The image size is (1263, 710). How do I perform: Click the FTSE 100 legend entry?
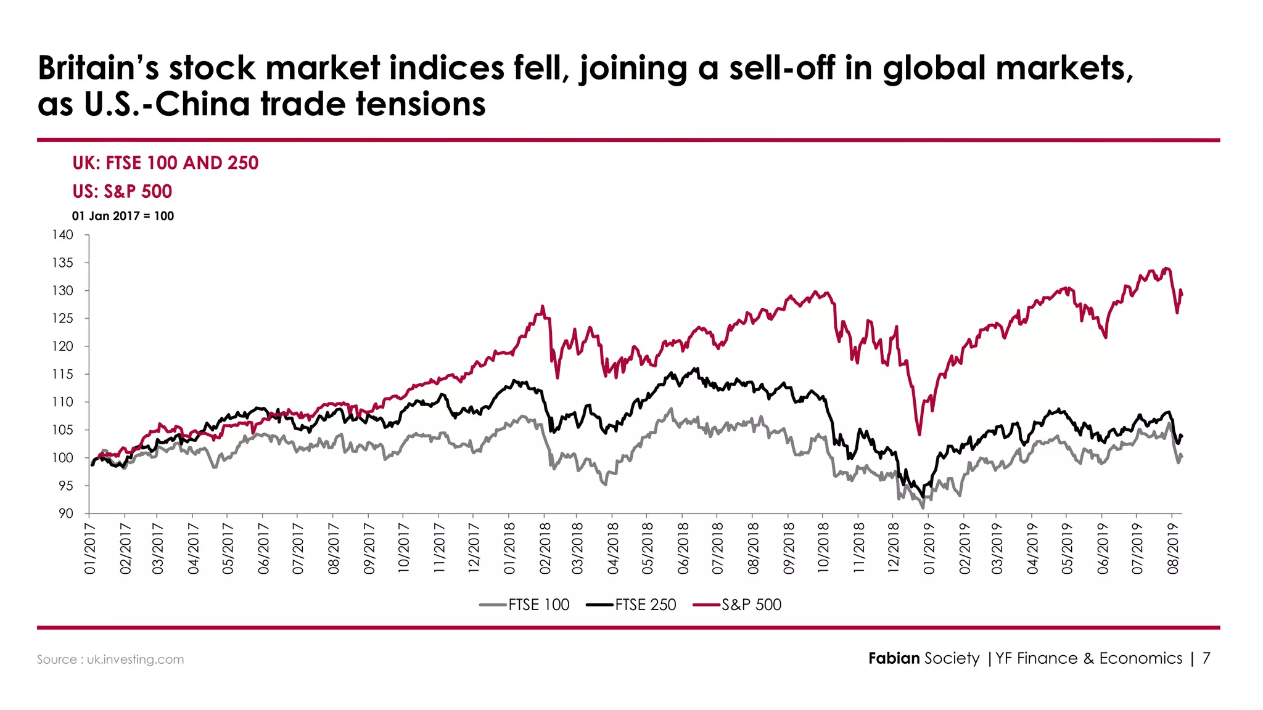pos(525,605)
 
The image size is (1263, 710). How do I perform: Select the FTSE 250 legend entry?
pos(631,605)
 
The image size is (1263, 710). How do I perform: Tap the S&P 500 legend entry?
pos(738,605)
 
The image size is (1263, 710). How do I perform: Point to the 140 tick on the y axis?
pos(62,235)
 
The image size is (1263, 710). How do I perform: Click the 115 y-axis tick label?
pos(62,374)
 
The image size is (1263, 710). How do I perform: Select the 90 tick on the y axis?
pos(65,513)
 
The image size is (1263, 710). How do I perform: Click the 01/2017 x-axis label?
pos(90,549)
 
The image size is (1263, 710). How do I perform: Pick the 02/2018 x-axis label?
pos(545,549)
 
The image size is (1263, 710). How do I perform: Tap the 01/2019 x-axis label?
pos(929,549)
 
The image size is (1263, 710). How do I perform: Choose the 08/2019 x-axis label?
pos(1173,549)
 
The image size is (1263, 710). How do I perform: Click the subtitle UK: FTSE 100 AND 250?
pos(165,163)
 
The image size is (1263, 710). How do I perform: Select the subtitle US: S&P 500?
pos(122,191)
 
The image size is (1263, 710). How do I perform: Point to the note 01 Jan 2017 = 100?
pos(123,216)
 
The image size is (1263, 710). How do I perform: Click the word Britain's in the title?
pos(98,68)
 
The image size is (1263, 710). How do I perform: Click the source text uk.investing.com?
pos(135,659)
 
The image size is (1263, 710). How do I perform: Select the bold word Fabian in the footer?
pos(894,658)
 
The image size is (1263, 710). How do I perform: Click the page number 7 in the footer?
pos(1206,658)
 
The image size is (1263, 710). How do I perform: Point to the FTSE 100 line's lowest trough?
pos(923,508)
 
